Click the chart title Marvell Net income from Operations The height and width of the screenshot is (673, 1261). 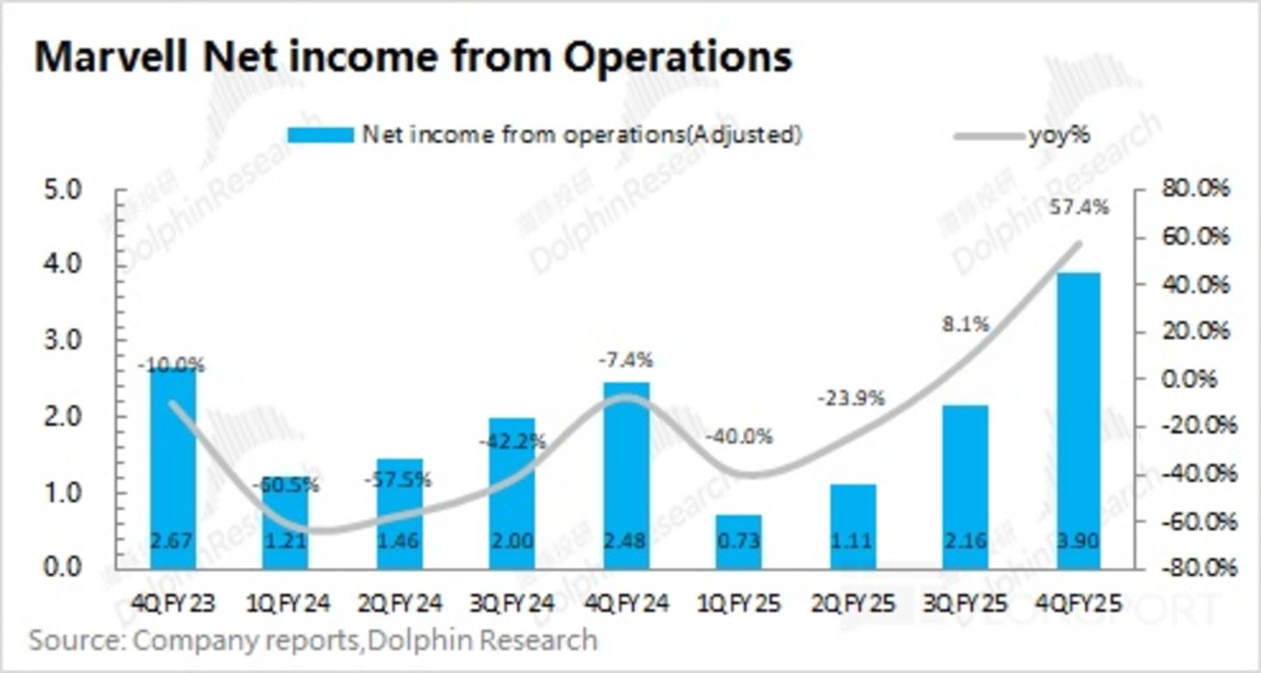point(412,58)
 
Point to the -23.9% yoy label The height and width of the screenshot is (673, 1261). point(851,398)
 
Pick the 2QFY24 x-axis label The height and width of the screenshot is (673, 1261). point(399,604)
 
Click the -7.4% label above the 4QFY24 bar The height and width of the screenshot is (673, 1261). point(625,361)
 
